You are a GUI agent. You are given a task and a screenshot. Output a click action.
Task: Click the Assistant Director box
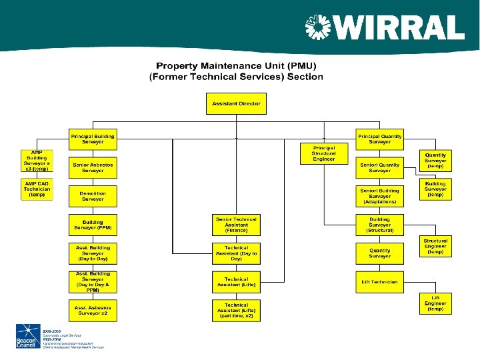point(236,104)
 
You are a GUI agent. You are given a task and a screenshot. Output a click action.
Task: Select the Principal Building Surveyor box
point(93,139)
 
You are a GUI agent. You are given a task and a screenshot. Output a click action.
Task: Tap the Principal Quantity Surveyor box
point(379,139)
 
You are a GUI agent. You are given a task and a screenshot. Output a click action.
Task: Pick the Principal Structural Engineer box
point(324,153)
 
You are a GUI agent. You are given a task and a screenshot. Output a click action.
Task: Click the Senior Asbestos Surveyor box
point(93,167)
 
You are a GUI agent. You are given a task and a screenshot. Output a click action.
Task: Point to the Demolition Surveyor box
point(93,195)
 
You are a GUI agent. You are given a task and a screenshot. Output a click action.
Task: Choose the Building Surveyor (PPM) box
point(93,225)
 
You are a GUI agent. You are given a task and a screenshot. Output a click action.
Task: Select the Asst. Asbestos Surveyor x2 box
point(93,310)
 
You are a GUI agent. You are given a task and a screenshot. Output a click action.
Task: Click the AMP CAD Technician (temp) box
point(37,189)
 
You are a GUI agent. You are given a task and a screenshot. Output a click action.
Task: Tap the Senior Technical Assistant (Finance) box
point(236,225)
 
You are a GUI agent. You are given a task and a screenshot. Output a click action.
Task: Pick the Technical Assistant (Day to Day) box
point(236,253)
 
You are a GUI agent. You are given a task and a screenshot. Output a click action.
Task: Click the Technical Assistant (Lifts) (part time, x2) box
point(236,310)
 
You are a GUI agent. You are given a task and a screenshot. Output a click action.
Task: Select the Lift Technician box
point(379,282)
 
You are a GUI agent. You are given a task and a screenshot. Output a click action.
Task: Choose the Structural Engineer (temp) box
point(435,246)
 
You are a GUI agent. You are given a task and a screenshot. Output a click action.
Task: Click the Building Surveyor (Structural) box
point(379,225)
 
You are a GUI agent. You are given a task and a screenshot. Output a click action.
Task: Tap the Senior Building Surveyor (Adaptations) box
point(379,196)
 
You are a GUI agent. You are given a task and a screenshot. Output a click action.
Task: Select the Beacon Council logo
point(27,337)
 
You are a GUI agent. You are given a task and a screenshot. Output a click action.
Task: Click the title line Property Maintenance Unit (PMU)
point(236,65)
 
